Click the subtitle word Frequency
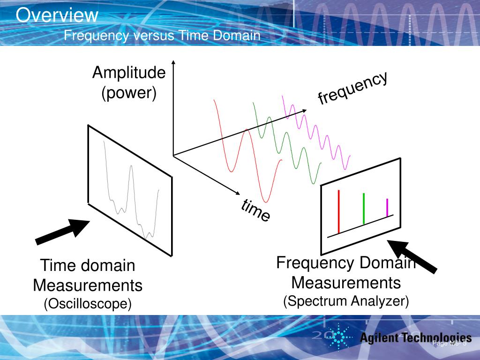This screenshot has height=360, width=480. click(x=96, y=36)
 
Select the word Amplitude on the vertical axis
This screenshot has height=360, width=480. click(x=129, y=73)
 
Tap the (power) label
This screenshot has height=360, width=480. click(x=129, y=93)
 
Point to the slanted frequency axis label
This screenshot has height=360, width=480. click(x=352, y=88)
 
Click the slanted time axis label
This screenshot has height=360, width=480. click(x=256, y=210)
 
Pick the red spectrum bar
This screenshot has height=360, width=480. click(x=338, y=211)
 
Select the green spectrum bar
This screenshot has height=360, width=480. click(x=364, y=209)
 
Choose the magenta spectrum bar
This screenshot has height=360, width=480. click(x=387, y=208)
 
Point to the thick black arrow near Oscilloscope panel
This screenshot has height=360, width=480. click(x=63, y=232)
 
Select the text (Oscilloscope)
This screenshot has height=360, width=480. click(x=88, y=304)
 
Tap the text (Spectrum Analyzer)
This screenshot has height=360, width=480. click(x=346, y=301)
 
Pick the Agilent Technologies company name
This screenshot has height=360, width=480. click(x=415, y=337)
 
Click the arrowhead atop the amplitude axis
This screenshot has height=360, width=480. click(x=173, y=62)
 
